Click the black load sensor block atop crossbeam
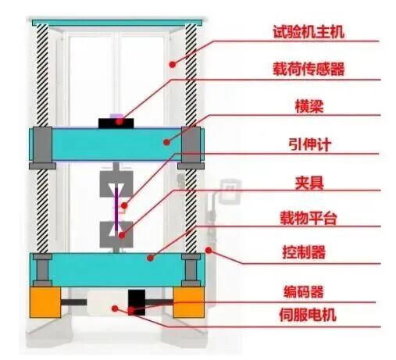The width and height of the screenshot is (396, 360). click(117, 122)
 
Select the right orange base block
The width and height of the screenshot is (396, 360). click(188, 303)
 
